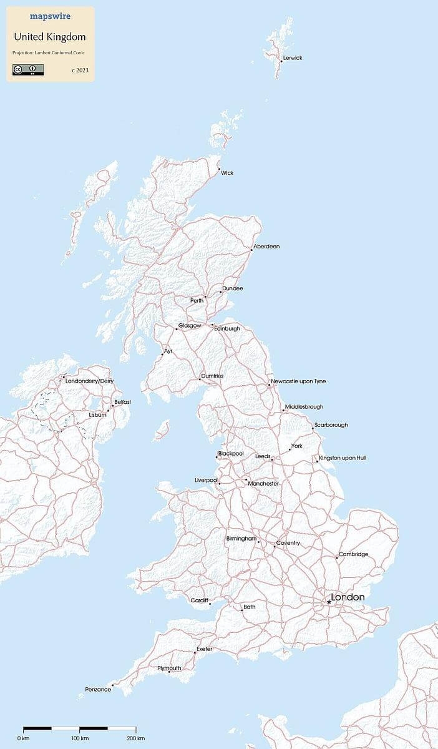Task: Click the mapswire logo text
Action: click(x=50, y=17)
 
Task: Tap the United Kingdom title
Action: click(x=50, y=37)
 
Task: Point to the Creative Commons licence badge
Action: click(x=28, y=69)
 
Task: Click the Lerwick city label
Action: click(x=293, y=58)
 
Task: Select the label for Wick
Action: click(x=227, y=173)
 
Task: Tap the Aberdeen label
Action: click(x=266, y=247)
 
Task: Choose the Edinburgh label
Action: click(x=227, y=329)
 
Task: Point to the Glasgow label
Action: click(x=190, y=326)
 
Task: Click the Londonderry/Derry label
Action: click(x=89, y=381)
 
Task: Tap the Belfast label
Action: click(x=122, y=402)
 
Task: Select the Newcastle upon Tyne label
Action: click(x=298, y=381)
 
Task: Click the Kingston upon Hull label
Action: click(x=343, y=458)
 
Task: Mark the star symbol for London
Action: click(x=329, y=602)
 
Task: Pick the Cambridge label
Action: click(x=354, y=554)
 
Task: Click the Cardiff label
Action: click(x=200, y=600)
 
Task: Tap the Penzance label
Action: click(x=98, y=689)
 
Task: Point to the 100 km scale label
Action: click(x=80, y=739)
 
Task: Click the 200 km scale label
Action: click(x=135, y=739)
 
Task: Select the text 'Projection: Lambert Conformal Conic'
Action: click(x=48, y=52)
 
